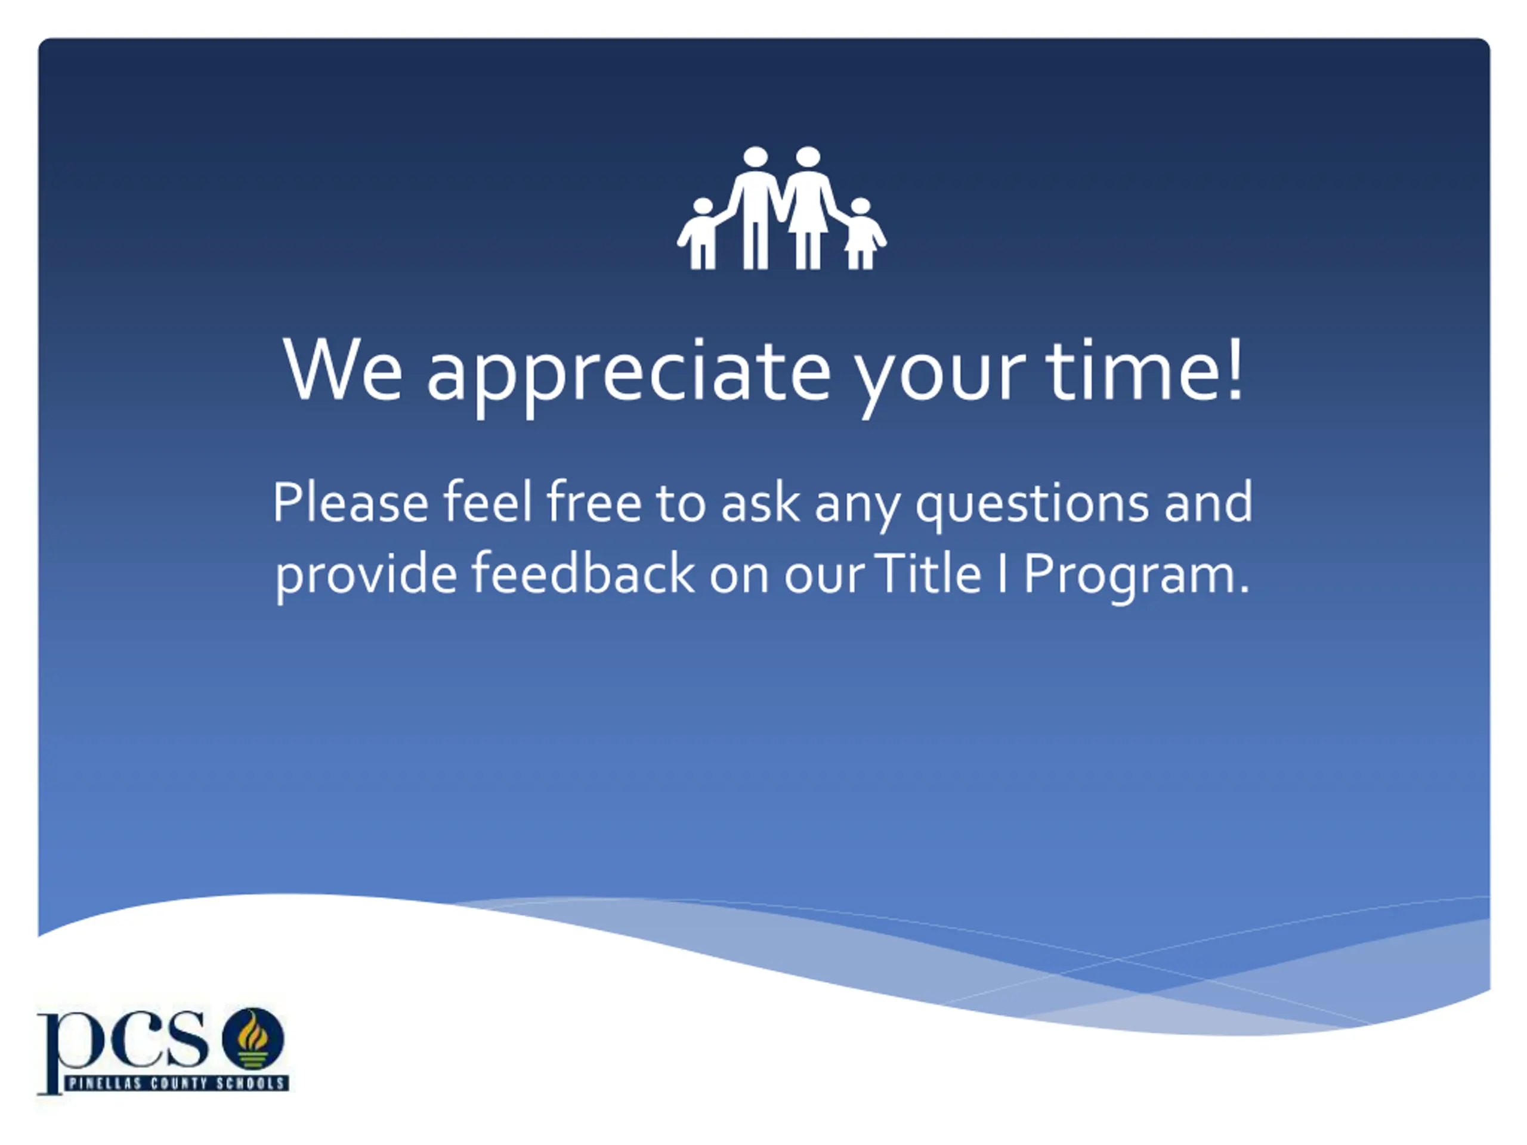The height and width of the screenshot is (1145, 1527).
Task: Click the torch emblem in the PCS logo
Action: click(x=253, y=1039)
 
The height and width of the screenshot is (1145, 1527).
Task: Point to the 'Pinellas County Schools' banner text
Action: click(x=177, y=1083)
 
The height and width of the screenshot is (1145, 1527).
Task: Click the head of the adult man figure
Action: click(x=756, y=157)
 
